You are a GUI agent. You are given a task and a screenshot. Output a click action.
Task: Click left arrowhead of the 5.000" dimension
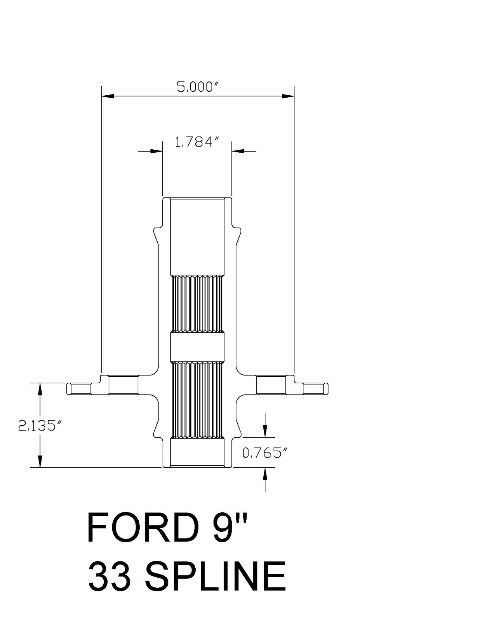tap(107, 96)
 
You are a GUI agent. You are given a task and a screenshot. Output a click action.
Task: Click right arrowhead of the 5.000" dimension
tap(288, 96)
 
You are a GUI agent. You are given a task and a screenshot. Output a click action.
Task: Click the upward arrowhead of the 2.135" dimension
tap(40, 389)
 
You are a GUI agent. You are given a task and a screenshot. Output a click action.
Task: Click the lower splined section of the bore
tap(197, 400)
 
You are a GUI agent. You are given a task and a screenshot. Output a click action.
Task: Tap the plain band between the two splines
tap(197, 346)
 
